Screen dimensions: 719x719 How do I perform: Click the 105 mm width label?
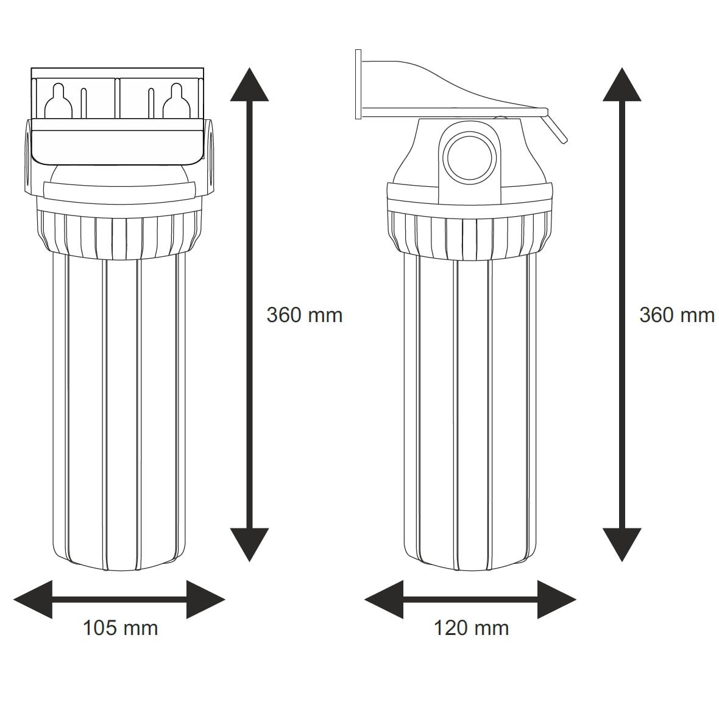(x=120, y=628)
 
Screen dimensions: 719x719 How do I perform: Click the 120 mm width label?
(x=471, y=628)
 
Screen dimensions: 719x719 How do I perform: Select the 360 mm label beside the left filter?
(x=305, y=315)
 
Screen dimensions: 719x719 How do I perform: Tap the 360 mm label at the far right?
(x=677, y=315)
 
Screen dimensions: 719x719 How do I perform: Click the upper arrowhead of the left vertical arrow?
(x=249, y=85)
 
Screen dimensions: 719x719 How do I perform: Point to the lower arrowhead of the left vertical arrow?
(x=249, y=545)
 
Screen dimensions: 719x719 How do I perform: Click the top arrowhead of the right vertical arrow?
(x=622, y=85)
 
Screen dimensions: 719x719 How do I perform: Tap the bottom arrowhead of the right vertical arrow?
(x=622, y=545)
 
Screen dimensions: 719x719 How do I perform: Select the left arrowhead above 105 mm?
(x=33, y=599)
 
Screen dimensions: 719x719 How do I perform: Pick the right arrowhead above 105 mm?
(x=205, y=599)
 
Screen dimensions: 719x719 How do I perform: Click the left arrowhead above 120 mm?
(x=384, y=599)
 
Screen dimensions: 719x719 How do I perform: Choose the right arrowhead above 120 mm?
(x=556, y=599)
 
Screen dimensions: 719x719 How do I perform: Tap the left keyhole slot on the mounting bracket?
(x=58, y=101)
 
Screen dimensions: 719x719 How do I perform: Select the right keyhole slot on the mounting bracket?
(x=177, y=101)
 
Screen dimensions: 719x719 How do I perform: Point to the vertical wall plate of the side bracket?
(x=358, y=85)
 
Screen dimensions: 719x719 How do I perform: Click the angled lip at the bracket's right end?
(x=556, y=128)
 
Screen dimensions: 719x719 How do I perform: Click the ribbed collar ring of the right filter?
(x=470, y=234)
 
